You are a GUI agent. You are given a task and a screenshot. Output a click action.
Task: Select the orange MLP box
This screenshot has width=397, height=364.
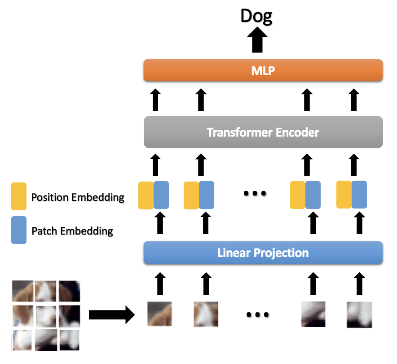point(263,71)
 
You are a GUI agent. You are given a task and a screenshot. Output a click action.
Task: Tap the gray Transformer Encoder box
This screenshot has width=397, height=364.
point(263,132)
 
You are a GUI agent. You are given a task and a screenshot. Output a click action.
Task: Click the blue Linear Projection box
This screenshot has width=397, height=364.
point(263,253)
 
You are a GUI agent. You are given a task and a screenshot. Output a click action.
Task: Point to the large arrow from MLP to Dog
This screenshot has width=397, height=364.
point(257,41)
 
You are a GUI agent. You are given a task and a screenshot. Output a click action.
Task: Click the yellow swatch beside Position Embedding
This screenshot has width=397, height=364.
point(19,196)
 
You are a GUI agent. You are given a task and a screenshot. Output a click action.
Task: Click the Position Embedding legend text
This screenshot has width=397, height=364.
point(78,197)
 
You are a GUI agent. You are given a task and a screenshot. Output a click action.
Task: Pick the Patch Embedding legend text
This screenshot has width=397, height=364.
point(72,231)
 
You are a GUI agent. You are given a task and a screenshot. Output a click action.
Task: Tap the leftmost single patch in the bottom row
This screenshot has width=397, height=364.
point(159,314)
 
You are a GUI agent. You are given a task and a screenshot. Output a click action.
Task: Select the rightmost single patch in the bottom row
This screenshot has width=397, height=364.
point(359,315)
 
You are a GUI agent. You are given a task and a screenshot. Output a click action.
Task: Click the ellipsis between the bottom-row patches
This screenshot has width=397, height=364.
point(257,315)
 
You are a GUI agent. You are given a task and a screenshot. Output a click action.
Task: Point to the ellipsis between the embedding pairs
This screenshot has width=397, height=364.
point(255,194)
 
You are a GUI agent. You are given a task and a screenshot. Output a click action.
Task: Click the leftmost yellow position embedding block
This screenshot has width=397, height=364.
point(146,195)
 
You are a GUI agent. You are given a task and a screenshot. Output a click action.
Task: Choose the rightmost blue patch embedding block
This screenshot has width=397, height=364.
point(359,194)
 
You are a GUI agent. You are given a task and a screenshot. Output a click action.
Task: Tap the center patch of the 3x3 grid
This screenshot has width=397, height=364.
point(46,315)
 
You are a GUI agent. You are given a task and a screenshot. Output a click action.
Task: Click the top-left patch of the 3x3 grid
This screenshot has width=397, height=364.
point(22,291)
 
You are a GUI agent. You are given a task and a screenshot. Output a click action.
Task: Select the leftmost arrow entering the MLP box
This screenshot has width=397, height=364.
point(155,100)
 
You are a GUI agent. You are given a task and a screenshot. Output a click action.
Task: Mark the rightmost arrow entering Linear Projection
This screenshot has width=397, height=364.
point(359,283)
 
